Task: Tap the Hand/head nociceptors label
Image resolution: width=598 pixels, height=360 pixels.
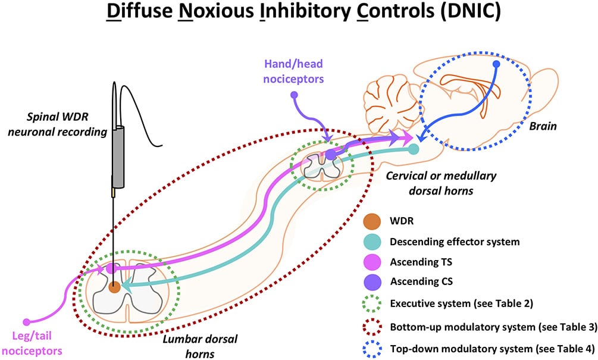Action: [x=293, y=71]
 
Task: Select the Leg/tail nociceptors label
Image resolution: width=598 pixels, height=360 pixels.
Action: [x=32, y=343]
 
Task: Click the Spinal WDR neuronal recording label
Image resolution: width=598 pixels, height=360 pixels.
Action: [x=58, y=124]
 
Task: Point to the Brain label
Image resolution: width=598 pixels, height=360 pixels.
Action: [x=543, y=126]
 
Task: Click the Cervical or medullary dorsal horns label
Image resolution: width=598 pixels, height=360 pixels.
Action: [x=442, y=183]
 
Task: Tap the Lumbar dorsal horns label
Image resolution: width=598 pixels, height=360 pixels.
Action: [x=200, y=346]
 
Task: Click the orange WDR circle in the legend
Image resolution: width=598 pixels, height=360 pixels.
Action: [x=372, y=221]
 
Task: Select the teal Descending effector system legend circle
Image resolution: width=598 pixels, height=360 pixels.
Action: [x=372, y=242]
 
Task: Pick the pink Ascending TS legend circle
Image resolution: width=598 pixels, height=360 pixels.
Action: [x=372, y=262]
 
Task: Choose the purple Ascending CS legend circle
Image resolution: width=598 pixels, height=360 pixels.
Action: [x=372, y=282]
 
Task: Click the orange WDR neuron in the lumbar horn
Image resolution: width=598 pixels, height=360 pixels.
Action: [x=114, y=287]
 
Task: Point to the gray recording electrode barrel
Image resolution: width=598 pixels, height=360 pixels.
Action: [x=118, y=156]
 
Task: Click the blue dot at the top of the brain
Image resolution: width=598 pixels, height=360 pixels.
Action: [x=496, y=64]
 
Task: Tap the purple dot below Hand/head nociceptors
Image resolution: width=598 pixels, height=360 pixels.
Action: [x=294, y=95]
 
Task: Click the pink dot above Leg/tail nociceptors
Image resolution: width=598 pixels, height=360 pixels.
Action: [x=26, y=322]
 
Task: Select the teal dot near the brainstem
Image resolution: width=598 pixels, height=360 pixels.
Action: [x=414, y=149]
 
